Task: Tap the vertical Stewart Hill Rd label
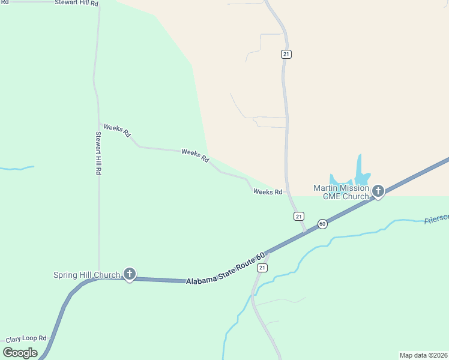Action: point(98,153)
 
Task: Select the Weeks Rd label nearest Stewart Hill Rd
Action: point(117,130)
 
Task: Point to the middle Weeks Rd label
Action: point(195,155)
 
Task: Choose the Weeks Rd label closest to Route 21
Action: point(268,192)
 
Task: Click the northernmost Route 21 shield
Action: point(286,54)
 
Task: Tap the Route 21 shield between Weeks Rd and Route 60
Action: point(299,216)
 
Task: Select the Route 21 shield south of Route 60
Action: point(262,268)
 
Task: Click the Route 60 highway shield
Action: point(322,224)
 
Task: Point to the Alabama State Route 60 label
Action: point(225,269)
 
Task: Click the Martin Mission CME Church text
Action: point(340,192)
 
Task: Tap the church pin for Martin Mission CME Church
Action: point(378,191)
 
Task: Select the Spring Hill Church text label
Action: point(86,275)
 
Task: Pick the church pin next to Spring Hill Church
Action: point(129,274)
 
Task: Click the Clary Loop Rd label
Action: point(26,338)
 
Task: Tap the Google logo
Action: point(20,352)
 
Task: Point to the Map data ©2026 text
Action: point(423,355)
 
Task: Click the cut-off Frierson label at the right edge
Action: point(436,220)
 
